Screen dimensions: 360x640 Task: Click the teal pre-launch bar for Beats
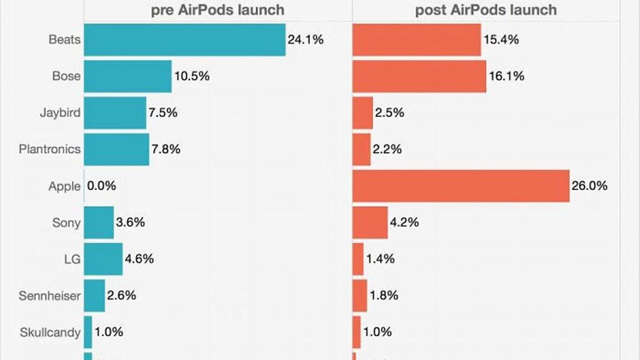pyautogui.click(x=184, y=40)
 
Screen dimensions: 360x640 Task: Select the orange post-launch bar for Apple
pyautogui.click(x=461, y=186)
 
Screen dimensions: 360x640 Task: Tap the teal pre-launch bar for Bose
pyautogui.click(x=127, y=76)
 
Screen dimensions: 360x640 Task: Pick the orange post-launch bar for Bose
pyautogui.click(x=419, y=76)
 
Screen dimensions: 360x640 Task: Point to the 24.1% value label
pyautogui.click(x=306, y=40)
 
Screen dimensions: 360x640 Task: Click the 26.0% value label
pyautogui.click(x=589, y=186)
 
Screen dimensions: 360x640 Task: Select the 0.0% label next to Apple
pyautogui.click(x=102, y=186)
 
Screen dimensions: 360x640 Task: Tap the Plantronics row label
pyautogui.click(x=50, y=149)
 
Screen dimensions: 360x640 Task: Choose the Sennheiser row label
pyautogui.click(x=50, y=296)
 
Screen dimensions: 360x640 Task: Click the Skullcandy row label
pyautogui.click(x=51, y=332)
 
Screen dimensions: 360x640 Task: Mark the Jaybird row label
pyautogui.click(x=60, y=113)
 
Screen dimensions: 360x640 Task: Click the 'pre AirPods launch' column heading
pyautogui.click(x=217, y=10)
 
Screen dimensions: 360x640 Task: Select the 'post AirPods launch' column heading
pyautogui.click(x=486, y=10)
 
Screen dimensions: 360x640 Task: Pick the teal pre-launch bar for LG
pyautogui.click(x=103, y=259)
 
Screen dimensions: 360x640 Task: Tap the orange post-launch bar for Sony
pyautogui.click(x=370, y=222)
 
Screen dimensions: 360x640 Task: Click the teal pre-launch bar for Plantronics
pyautogui.click(x=116, y=149)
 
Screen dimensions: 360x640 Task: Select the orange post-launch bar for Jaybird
pyautogui.click(x=362, y=113)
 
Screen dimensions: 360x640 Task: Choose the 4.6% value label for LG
pyautogui.click(x=139, y=259)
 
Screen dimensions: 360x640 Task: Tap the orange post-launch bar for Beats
pyautogui.click(x=417, y=40)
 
